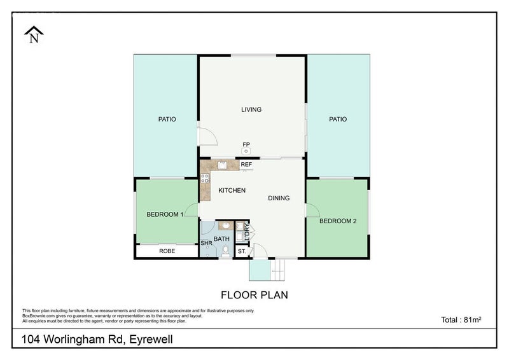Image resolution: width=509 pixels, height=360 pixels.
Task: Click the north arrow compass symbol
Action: [x=34, y=34]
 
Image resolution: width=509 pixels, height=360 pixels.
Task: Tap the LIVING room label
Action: [x=251, y=110]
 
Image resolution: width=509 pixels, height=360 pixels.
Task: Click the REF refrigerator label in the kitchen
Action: [x=246, y=165]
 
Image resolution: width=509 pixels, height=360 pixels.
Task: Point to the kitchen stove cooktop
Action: [x=205, y=178]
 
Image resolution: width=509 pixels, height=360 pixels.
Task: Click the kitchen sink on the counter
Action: [x=223, y=165]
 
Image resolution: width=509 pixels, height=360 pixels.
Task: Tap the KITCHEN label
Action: [x=232, y=191]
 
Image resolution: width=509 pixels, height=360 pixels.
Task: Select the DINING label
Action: [x=279, y=198]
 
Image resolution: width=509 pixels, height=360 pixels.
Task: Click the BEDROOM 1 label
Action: [x=165, y=214]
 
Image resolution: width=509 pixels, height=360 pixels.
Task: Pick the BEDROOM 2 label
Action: [x=338, y=221]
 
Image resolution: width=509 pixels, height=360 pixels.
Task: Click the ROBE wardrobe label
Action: [x=167, y=251]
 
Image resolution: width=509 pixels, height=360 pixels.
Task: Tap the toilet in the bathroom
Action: [x=225, y=251]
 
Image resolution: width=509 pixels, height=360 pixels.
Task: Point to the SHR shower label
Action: [x=206, y=243]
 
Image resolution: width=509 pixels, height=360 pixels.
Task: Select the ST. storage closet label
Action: [x=242, y=251]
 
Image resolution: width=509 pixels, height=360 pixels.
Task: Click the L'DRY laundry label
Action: [x=247, y=232]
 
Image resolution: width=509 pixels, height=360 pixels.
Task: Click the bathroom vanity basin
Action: [x=226, y=225]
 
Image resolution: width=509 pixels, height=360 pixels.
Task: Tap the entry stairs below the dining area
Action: [x=278, y=270]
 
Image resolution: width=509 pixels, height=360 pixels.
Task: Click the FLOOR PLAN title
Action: [x=254, y=295]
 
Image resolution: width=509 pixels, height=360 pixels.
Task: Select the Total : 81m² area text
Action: [x=461, y=320]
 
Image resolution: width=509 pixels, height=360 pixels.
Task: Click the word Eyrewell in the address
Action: [x=151, y=340]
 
